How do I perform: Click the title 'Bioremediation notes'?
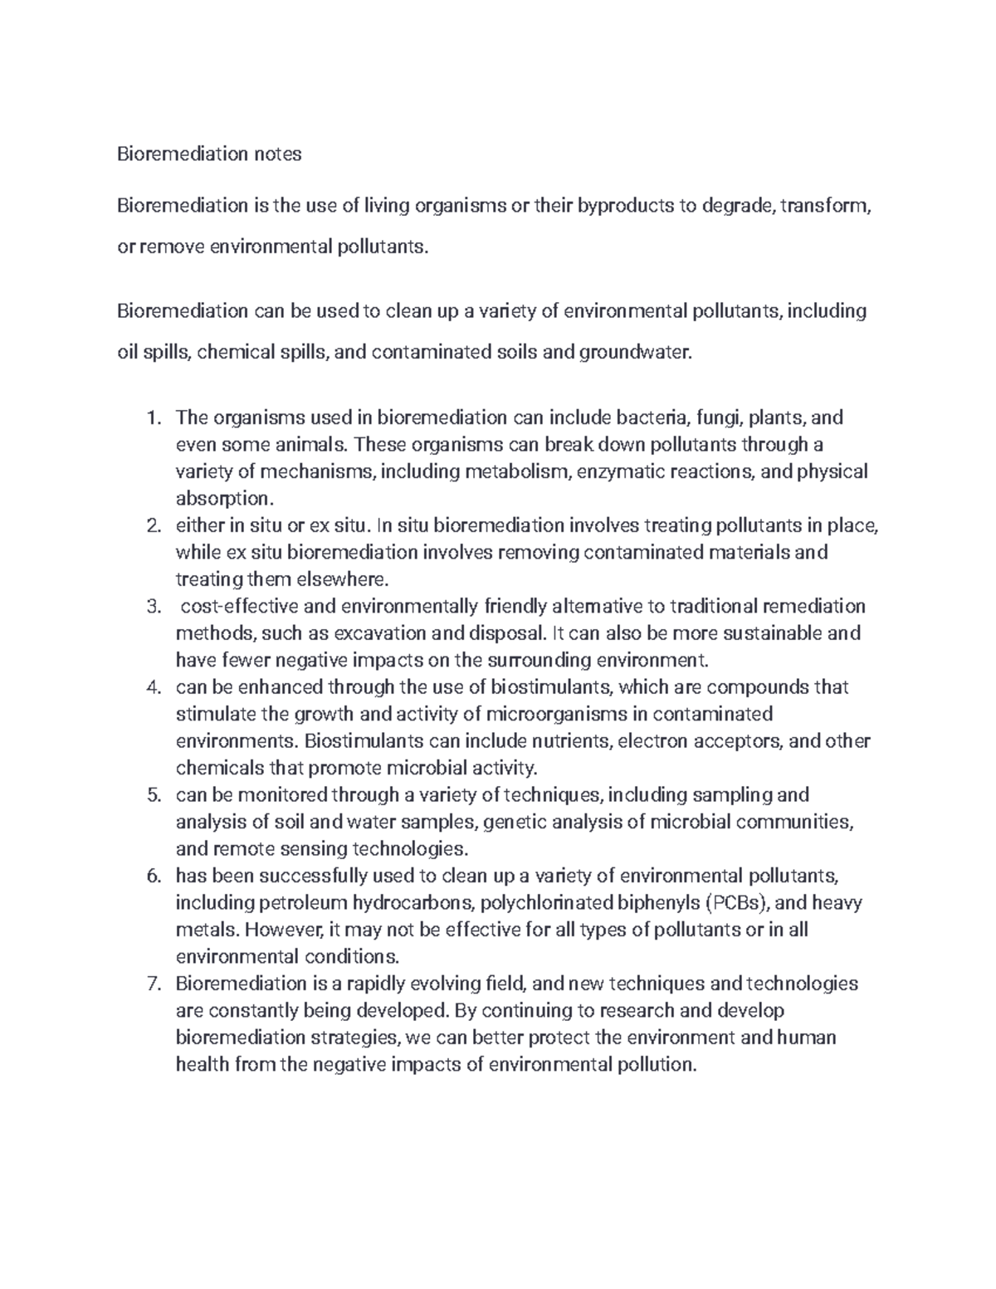click(209, 154)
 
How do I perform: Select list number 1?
click(153, 418)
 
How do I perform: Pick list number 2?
click(153, 526)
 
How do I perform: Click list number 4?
click(153, 688)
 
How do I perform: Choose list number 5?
click(153, 796)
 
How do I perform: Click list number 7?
click(153, 984)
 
